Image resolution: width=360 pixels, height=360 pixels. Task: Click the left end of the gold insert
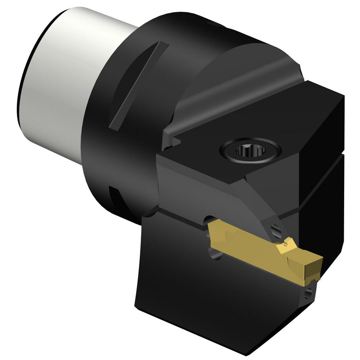click(x=212, y=236)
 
